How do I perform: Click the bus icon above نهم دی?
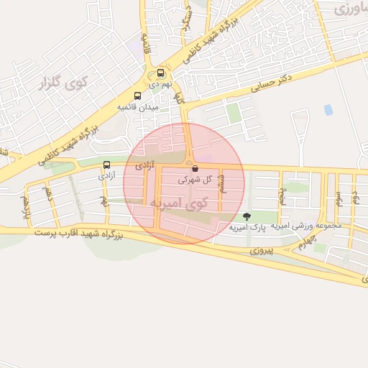click(x=160, y=73)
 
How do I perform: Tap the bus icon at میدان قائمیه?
click(x=137, y=96)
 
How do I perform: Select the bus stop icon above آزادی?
click(x=107, y=165)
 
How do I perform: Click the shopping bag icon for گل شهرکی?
click(x=195, y=169)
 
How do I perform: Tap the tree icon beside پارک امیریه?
click(x=247, y=216)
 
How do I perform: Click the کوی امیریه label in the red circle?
click(x=179, y=203)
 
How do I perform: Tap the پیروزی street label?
click(x=262, y=252)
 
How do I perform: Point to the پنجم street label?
click(x=283, y=193)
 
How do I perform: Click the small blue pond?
click(x=328, y=110)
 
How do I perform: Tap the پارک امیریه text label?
click(x=268, y=227)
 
